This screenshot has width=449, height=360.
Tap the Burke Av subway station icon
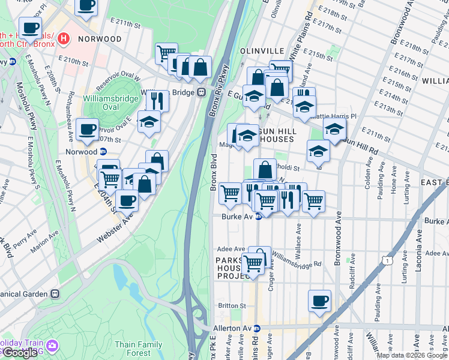coord(258,217)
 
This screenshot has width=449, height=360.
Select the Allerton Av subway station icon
coord(256,328)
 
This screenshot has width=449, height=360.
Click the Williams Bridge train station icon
coord(201,92)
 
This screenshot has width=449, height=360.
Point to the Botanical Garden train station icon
coord(55,294)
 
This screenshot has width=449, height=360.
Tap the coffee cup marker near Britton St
coord(319,300)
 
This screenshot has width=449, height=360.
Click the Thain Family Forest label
coord(138,349)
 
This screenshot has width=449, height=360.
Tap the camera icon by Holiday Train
coord(52,345)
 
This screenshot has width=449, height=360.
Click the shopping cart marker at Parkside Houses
coord(253,262)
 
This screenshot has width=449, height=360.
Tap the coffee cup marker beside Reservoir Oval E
coord(87,128)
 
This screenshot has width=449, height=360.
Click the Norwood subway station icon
coord(103,152)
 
